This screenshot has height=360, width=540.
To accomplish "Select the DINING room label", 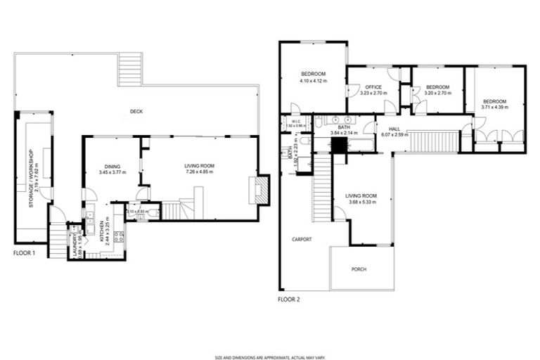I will [112, 166].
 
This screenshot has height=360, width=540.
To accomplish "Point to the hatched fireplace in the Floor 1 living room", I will [261, 191].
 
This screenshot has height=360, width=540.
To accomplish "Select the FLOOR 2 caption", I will [288, 299].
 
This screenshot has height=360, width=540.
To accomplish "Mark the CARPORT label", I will [302, 239].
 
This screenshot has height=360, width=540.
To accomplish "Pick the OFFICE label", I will [373, 87].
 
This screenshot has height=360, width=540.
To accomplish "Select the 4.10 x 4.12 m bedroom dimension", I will [314, 81].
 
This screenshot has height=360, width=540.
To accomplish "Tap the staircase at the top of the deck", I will [130, 69].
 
